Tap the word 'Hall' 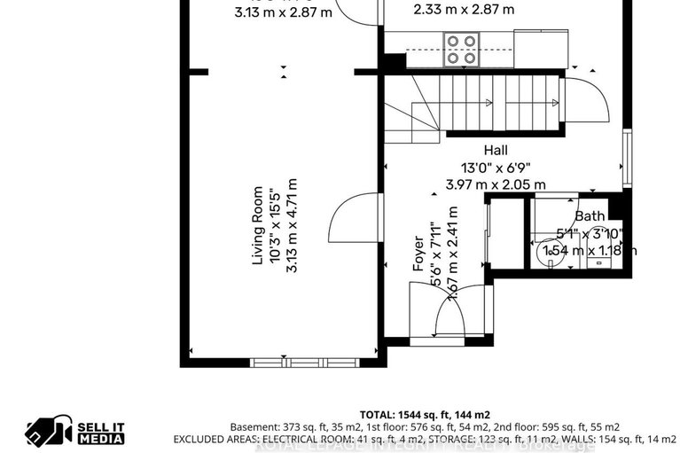tap(496, 151)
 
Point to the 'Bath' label tap(590, 215)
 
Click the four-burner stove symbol tap(461, 50)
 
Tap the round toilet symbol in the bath tap(552, 252)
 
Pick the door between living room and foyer tap(353, 217)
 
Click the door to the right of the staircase tap(585, 100)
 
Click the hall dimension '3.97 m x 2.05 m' tap(496, 184)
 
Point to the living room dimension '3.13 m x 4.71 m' tap(291, 225)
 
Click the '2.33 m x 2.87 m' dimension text tap(464, 11)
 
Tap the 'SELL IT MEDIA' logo tap(75, 432)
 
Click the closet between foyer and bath tap(506, 235)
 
